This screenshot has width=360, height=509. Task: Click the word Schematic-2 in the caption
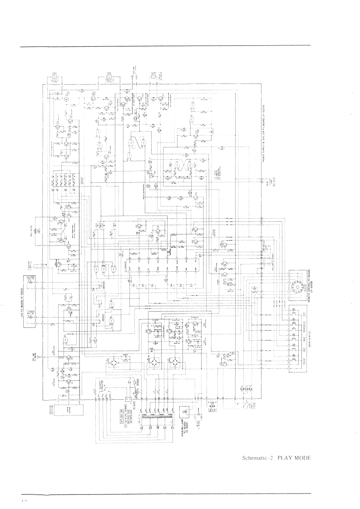[x=257, y=458]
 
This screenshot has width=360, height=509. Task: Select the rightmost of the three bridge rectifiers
[x=173, y=363]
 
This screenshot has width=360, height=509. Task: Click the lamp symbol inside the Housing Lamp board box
[x=184, y=409]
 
